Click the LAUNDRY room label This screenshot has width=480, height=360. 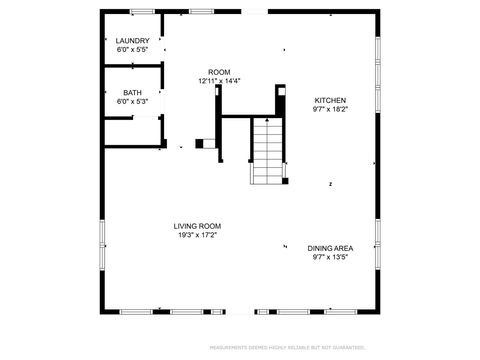(x=132, y=41)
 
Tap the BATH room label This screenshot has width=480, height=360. (x=132, y=93)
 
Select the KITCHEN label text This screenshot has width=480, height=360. (x=330, y=101)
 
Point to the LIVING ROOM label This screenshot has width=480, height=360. (x=197, y=226)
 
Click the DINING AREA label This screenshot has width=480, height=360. (x=330, y=248)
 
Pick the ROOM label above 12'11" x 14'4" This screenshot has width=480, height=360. (x=219, y=72)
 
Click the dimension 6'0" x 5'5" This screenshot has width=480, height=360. (x=132, y=49)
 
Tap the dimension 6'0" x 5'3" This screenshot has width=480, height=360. (x=132, y=101)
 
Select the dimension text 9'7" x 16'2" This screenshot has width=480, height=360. (x=330, y=109)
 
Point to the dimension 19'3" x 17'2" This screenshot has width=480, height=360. (x=197, y=235)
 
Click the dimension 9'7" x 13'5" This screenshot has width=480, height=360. (x=330, y=256)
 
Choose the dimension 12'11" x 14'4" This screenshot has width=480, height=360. (x=219, y=81)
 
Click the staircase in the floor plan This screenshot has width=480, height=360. (x=267, y=150)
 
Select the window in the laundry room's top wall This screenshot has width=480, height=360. (x=142, y=11)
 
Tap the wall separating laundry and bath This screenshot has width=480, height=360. (x=133, y=67)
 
